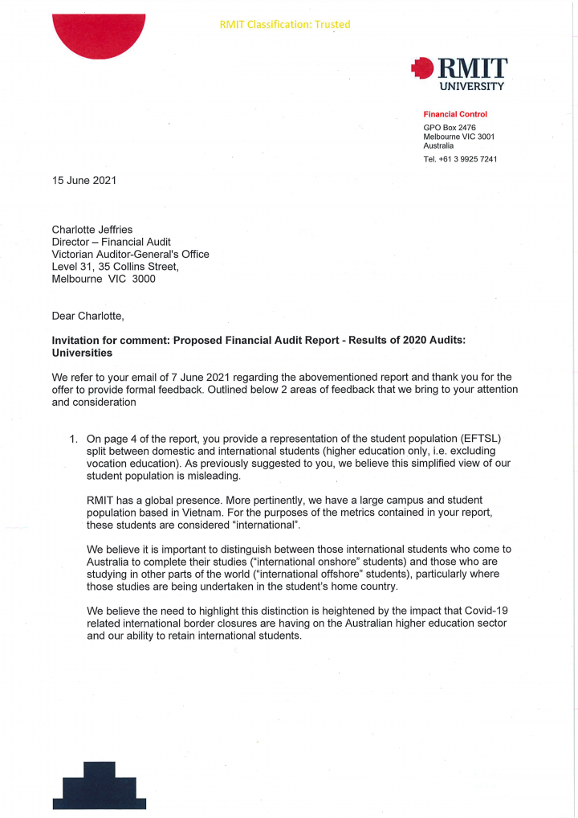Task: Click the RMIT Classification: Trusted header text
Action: pos(284,24)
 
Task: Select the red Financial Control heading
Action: pos(455,114)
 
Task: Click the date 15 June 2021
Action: pos(84,180)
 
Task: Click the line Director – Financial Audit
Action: pos(111,241)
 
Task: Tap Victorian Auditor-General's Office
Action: pos(130,254)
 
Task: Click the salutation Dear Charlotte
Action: pos(88,316)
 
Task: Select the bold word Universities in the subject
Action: pos(82,353)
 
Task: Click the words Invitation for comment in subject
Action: pos(108,341)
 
